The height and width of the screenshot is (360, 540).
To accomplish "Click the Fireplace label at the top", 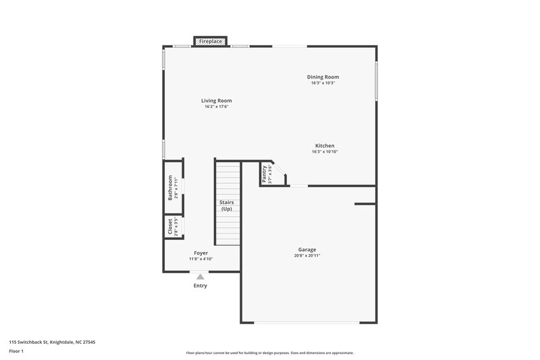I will [x=211, y=42].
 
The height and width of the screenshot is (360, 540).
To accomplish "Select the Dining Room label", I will [x=323, y=77].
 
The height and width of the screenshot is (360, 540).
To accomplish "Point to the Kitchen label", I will [x=324, y=146].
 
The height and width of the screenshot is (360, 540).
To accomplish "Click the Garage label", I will [x=307, y=249].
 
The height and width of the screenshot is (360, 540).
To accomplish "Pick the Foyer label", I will [x=201, y=253].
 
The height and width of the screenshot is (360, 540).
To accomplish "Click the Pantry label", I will [x=265, y=174].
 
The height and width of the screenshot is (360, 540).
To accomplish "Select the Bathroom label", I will [x=170, y=188].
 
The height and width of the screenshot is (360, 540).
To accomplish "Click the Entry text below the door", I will [x=200, y=286].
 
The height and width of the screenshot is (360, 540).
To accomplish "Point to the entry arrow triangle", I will [x=200, y=276].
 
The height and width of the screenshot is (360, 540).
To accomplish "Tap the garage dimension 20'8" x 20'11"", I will [x=307, y=256].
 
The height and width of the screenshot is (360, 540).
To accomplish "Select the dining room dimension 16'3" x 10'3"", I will [x=323, y=83].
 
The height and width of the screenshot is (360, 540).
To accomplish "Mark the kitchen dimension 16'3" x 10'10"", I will [x=324, y=152].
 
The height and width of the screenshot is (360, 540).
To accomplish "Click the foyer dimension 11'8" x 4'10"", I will [x=201, y=259].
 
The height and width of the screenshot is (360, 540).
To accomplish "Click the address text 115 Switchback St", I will [x=52, y=342].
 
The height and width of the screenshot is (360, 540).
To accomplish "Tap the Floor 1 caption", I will [x=17, y=352].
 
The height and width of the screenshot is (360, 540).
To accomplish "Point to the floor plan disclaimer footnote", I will [x=269, y=353].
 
